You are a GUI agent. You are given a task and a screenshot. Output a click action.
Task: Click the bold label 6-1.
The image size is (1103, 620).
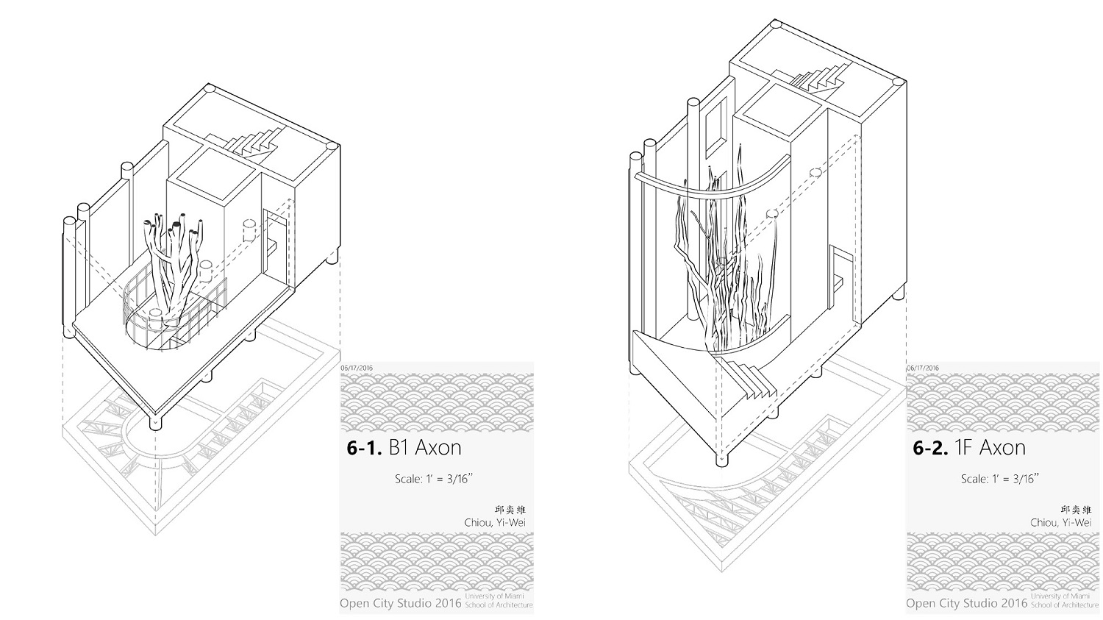pyautogui.click(x=365, y=448)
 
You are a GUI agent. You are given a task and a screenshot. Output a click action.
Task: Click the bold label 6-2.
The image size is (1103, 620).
pyautogui.click(x=930, y=448)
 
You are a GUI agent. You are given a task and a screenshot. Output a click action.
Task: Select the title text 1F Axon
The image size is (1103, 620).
pyautogui.click(x=990, y=448)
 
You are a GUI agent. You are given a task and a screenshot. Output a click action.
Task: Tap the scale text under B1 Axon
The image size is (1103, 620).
pyautogui.click(x=434, y=479)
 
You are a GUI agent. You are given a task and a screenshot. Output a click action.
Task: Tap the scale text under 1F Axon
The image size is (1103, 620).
pyautogui.click(x=1000, y=479)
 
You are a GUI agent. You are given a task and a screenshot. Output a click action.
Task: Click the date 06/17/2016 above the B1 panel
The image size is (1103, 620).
pyautogui.click(x=357, y=368)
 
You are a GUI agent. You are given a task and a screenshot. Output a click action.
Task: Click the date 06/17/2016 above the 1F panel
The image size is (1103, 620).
pyautogui.click(x=922, y=368)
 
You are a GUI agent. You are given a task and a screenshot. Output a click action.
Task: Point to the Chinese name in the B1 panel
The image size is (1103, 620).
pyautogui.click(x=510, y=510)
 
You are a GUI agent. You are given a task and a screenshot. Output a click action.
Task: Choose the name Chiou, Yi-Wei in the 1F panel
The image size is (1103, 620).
pyautogui.click(x=1060, y=522)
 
